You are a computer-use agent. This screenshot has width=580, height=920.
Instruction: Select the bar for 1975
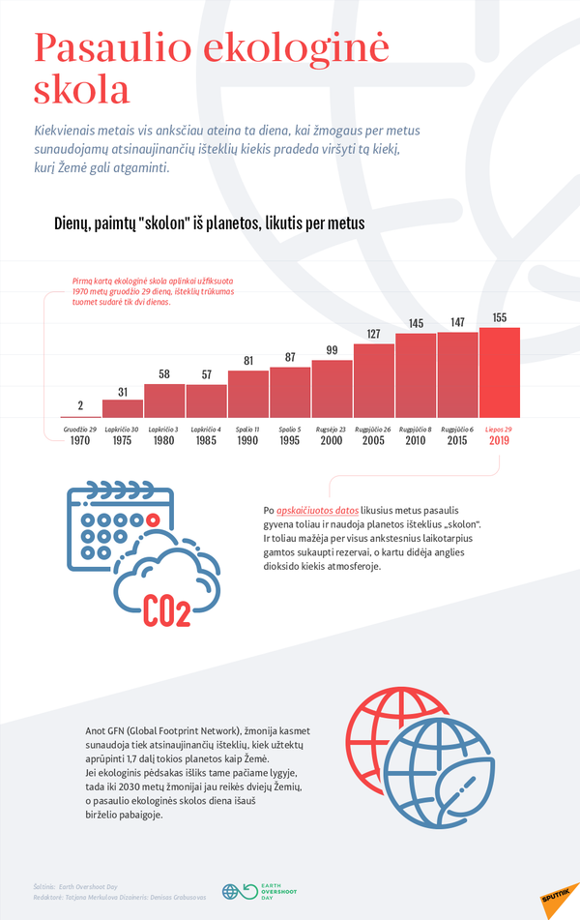122,408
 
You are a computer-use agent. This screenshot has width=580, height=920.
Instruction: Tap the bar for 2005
373,380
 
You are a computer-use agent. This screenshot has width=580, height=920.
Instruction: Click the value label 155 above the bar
499,318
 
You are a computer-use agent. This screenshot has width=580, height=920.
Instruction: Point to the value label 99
332,350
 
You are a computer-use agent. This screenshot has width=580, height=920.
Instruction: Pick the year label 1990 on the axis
246,441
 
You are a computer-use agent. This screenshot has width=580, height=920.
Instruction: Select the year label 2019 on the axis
499,441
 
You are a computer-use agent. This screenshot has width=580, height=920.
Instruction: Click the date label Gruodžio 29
80,429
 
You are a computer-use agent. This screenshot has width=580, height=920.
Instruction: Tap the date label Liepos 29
499,429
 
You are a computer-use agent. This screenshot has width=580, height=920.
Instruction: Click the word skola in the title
82,89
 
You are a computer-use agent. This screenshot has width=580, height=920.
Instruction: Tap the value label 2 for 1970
80,405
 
